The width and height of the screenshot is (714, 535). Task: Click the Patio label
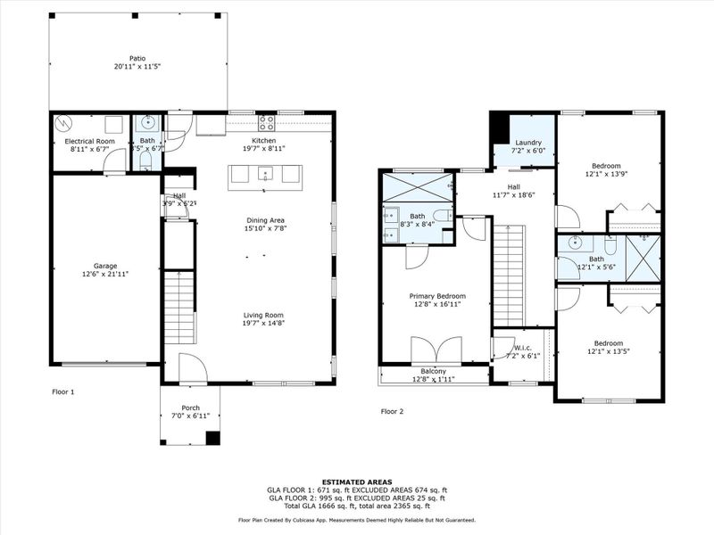click(137, 59)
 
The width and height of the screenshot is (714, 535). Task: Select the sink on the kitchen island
click(265, 176)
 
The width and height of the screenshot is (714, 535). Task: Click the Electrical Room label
click(89, 142)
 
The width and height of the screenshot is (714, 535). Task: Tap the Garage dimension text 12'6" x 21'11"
click(105, 275)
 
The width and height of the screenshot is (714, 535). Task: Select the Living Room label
click(263, 315)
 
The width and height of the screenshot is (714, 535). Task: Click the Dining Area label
click(265, 219)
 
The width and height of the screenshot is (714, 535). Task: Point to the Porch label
click(188, 407)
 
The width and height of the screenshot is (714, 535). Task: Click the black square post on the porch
click(212, 437)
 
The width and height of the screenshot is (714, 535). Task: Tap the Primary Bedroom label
click(437, 296)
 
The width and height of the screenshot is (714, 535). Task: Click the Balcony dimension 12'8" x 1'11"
click(434, 380)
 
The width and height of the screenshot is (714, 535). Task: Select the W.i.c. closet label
click(522, 347)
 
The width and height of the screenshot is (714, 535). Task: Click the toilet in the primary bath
click(441, 215)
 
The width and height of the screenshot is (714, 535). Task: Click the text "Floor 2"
click(393, 411)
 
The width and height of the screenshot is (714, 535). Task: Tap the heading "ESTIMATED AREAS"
click(356, 481)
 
